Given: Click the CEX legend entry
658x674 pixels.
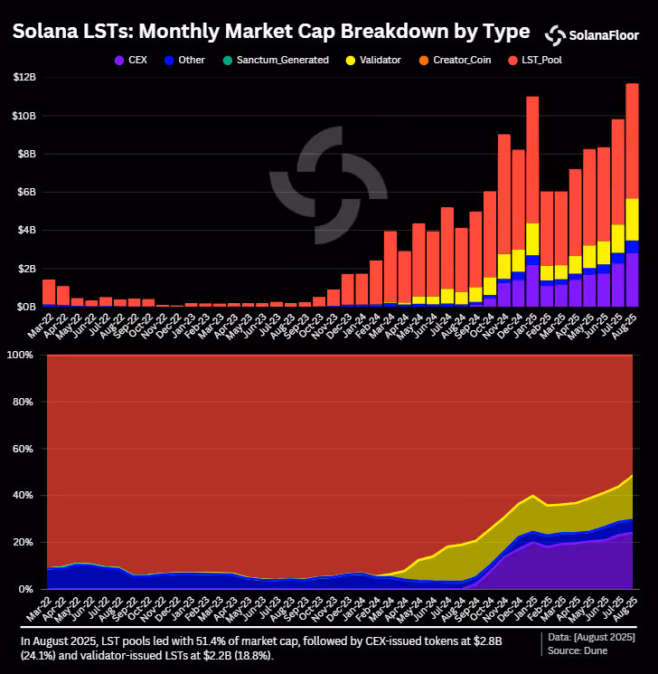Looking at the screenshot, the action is (x=131, y=61).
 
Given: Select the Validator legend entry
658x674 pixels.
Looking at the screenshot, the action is (x=373, y=61).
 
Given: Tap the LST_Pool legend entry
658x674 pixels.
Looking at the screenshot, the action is (x=535, y=61).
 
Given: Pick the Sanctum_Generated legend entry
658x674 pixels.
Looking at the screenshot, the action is (x=276, y=61).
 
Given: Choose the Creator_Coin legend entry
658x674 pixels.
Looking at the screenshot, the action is (x=455, y=61).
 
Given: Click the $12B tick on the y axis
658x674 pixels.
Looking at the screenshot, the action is (x=24, y=78).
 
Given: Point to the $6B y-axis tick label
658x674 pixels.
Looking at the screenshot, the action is (x=26, y=192).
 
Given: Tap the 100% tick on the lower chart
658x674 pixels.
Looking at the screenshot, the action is (x=20, y=355).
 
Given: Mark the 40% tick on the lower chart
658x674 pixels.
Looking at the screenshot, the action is (x=23, y=495).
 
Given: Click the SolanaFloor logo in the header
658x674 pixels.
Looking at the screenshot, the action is (x=592, y=35).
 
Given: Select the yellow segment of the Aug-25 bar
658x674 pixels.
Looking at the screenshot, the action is (x=632, y=220).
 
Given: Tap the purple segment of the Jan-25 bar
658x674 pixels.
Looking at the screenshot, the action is (x=532, y=286).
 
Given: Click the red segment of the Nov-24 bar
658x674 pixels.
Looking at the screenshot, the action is (x=504, y=195).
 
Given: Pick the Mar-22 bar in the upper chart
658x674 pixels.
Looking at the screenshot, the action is (x=49, y=293).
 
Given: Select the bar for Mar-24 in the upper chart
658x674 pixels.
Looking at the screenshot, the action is (x=390, y=269).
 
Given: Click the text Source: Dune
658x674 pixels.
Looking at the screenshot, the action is (x=578, y=650).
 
